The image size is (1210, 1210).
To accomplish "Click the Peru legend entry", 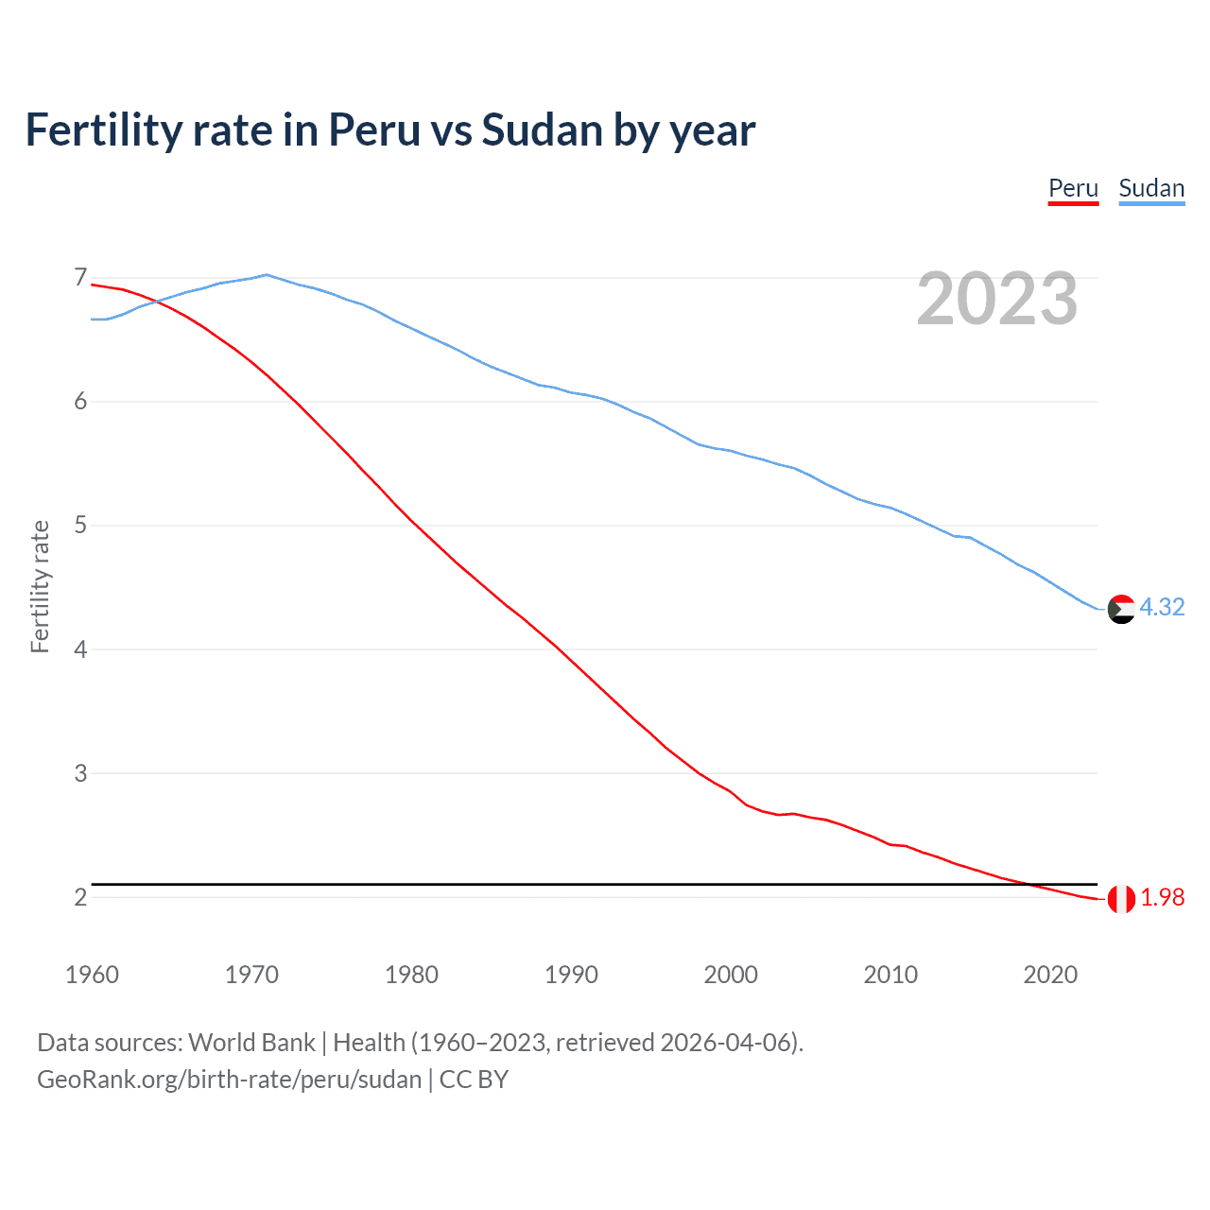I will click(1073, 188).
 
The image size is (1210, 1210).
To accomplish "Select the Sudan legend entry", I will click(1150, 188).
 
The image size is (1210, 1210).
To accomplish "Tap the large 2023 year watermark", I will click(996, 299).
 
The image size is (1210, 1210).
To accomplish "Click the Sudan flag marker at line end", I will click(1121, 609).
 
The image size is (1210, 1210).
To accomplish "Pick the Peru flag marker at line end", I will click(1121, 899).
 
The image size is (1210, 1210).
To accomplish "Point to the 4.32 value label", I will click(1162, 607).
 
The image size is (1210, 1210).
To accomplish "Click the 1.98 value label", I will click(1162, 897).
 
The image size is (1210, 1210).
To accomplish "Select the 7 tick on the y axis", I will click(80, 278).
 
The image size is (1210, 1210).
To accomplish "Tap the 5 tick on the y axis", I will click(80, 526).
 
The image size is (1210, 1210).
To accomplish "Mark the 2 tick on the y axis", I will click(80, 897).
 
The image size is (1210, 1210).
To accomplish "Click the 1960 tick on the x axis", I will click(92, 975).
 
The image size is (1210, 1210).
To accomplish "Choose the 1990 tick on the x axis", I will click(571, 975).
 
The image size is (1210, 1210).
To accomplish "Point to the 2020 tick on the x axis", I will click(1050, 975).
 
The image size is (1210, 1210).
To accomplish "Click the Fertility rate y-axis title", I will click(40, 586).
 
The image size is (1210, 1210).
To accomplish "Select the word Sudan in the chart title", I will click(542, 130).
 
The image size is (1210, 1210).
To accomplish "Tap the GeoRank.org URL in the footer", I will click(229, 1079).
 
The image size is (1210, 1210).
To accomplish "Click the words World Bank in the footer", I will click(251, 1042).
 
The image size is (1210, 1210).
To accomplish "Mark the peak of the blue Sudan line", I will click(267, 275).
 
